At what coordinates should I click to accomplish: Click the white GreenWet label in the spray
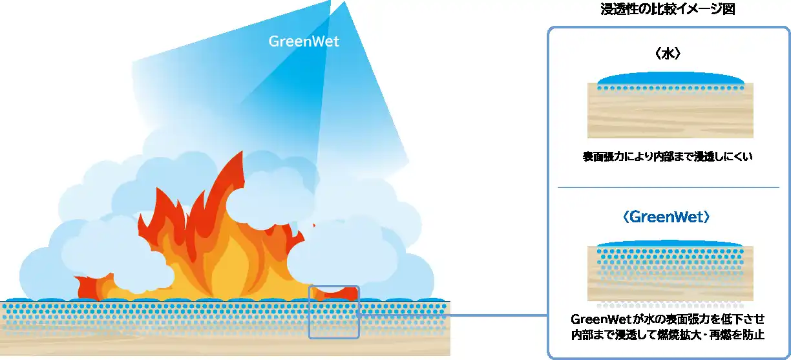tap(304, 42)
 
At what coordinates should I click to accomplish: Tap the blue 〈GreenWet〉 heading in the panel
tap(669, 217)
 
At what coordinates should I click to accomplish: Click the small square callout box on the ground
tap(333, 312)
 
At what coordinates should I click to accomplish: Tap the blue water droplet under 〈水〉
tap(670, 79)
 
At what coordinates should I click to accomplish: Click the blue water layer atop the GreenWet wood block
tap(670, 244)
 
